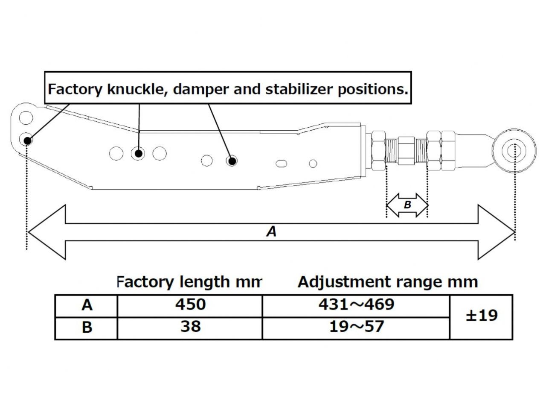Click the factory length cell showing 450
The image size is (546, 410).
tap(190, 305)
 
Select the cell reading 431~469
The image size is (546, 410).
tap(356, 305)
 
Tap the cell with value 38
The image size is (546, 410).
tap(190, 327)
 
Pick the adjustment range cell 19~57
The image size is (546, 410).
tap(356, 327)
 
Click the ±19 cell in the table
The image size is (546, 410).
tap(481, 316)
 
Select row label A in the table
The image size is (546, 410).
tap(87, 305)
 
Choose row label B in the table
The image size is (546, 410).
tap(87, 328)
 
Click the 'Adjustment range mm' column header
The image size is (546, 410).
tap(387, 282)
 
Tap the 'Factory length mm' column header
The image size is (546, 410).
tap(189, 282)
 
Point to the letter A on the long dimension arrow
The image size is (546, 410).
tap(271, 231)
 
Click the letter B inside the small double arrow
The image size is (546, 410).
tap(407, 205)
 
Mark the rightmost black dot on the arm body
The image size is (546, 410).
tap(232, 161)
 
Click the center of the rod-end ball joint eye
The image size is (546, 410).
tap(514, 150)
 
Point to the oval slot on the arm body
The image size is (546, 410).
tap(282, 163)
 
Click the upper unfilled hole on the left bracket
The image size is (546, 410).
tap(26, 117)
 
